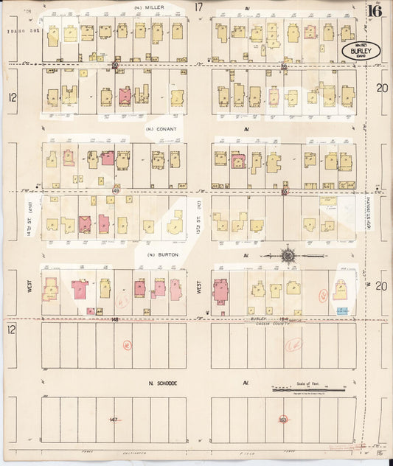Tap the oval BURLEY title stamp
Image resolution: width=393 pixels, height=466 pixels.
point(361,50)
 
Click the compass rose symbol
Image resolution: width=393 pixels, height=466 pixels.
point(287,255)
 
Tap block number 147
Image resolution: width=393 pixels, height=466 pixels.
point(114,420)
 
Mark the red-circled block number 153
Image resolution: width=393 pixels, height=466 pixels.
point(284,420)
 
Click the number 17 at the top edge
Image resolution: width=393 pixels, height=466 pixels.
point(198,7)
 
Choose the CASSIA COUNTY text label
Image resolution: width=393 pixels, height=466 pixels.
point(274,324)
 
